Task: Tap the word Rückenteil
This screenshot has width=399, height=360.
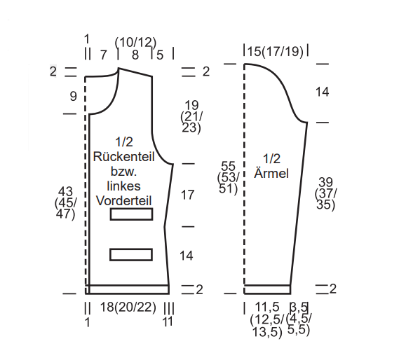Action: [x=124, y=157]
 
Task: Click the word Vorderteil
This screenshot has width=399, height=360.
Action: [x=124, y=200]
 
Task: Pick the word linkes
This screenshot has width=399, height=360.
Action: [x=123, y=186]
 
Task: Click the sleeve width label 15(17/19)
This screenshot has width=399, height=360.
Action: [x=276, y=51]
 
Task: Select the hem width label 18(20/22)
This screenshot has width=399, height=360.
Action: [x=128, y=307]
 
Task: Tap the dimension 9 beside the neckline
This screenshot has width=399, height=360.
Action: [x=74, y=97]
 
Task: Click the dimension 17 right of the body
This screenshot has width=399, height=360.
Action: [x=187, y=195]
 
